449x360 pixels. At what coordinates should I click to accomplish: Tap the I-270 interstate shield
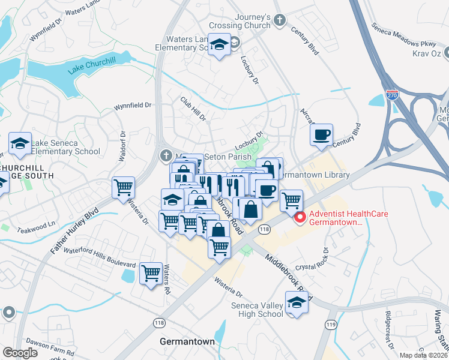coord(391,94)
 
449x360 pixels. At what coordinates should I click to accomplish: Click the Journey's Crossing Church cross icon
coord(279,21)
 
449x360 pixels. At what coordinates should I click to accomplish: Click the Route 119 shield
coord(331,325)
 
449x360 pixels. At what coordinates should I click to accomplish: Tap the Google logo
coord(20,353)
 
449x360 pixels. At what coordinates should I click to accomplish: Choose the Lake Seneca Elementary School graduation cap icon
coord(20,144)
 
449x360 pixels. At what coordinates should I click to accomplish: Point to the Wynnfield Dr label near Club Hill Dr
coord(133,106)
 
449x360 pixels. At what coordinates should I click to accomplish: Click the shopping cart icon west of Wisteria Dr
coord(123,187)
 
